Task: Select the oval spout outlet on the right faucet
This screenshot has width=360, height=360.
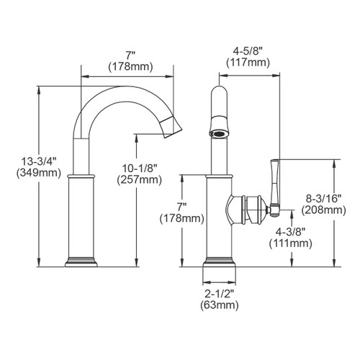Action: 220,133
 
